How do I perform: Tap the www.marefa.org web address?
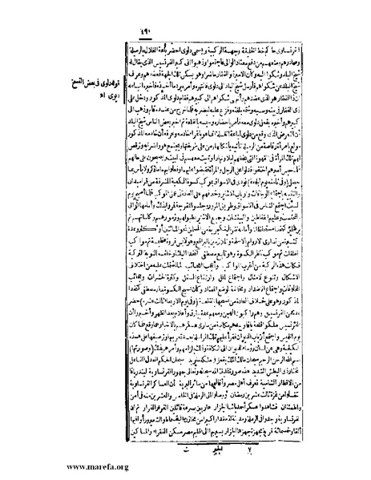(x=39, y=467)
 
